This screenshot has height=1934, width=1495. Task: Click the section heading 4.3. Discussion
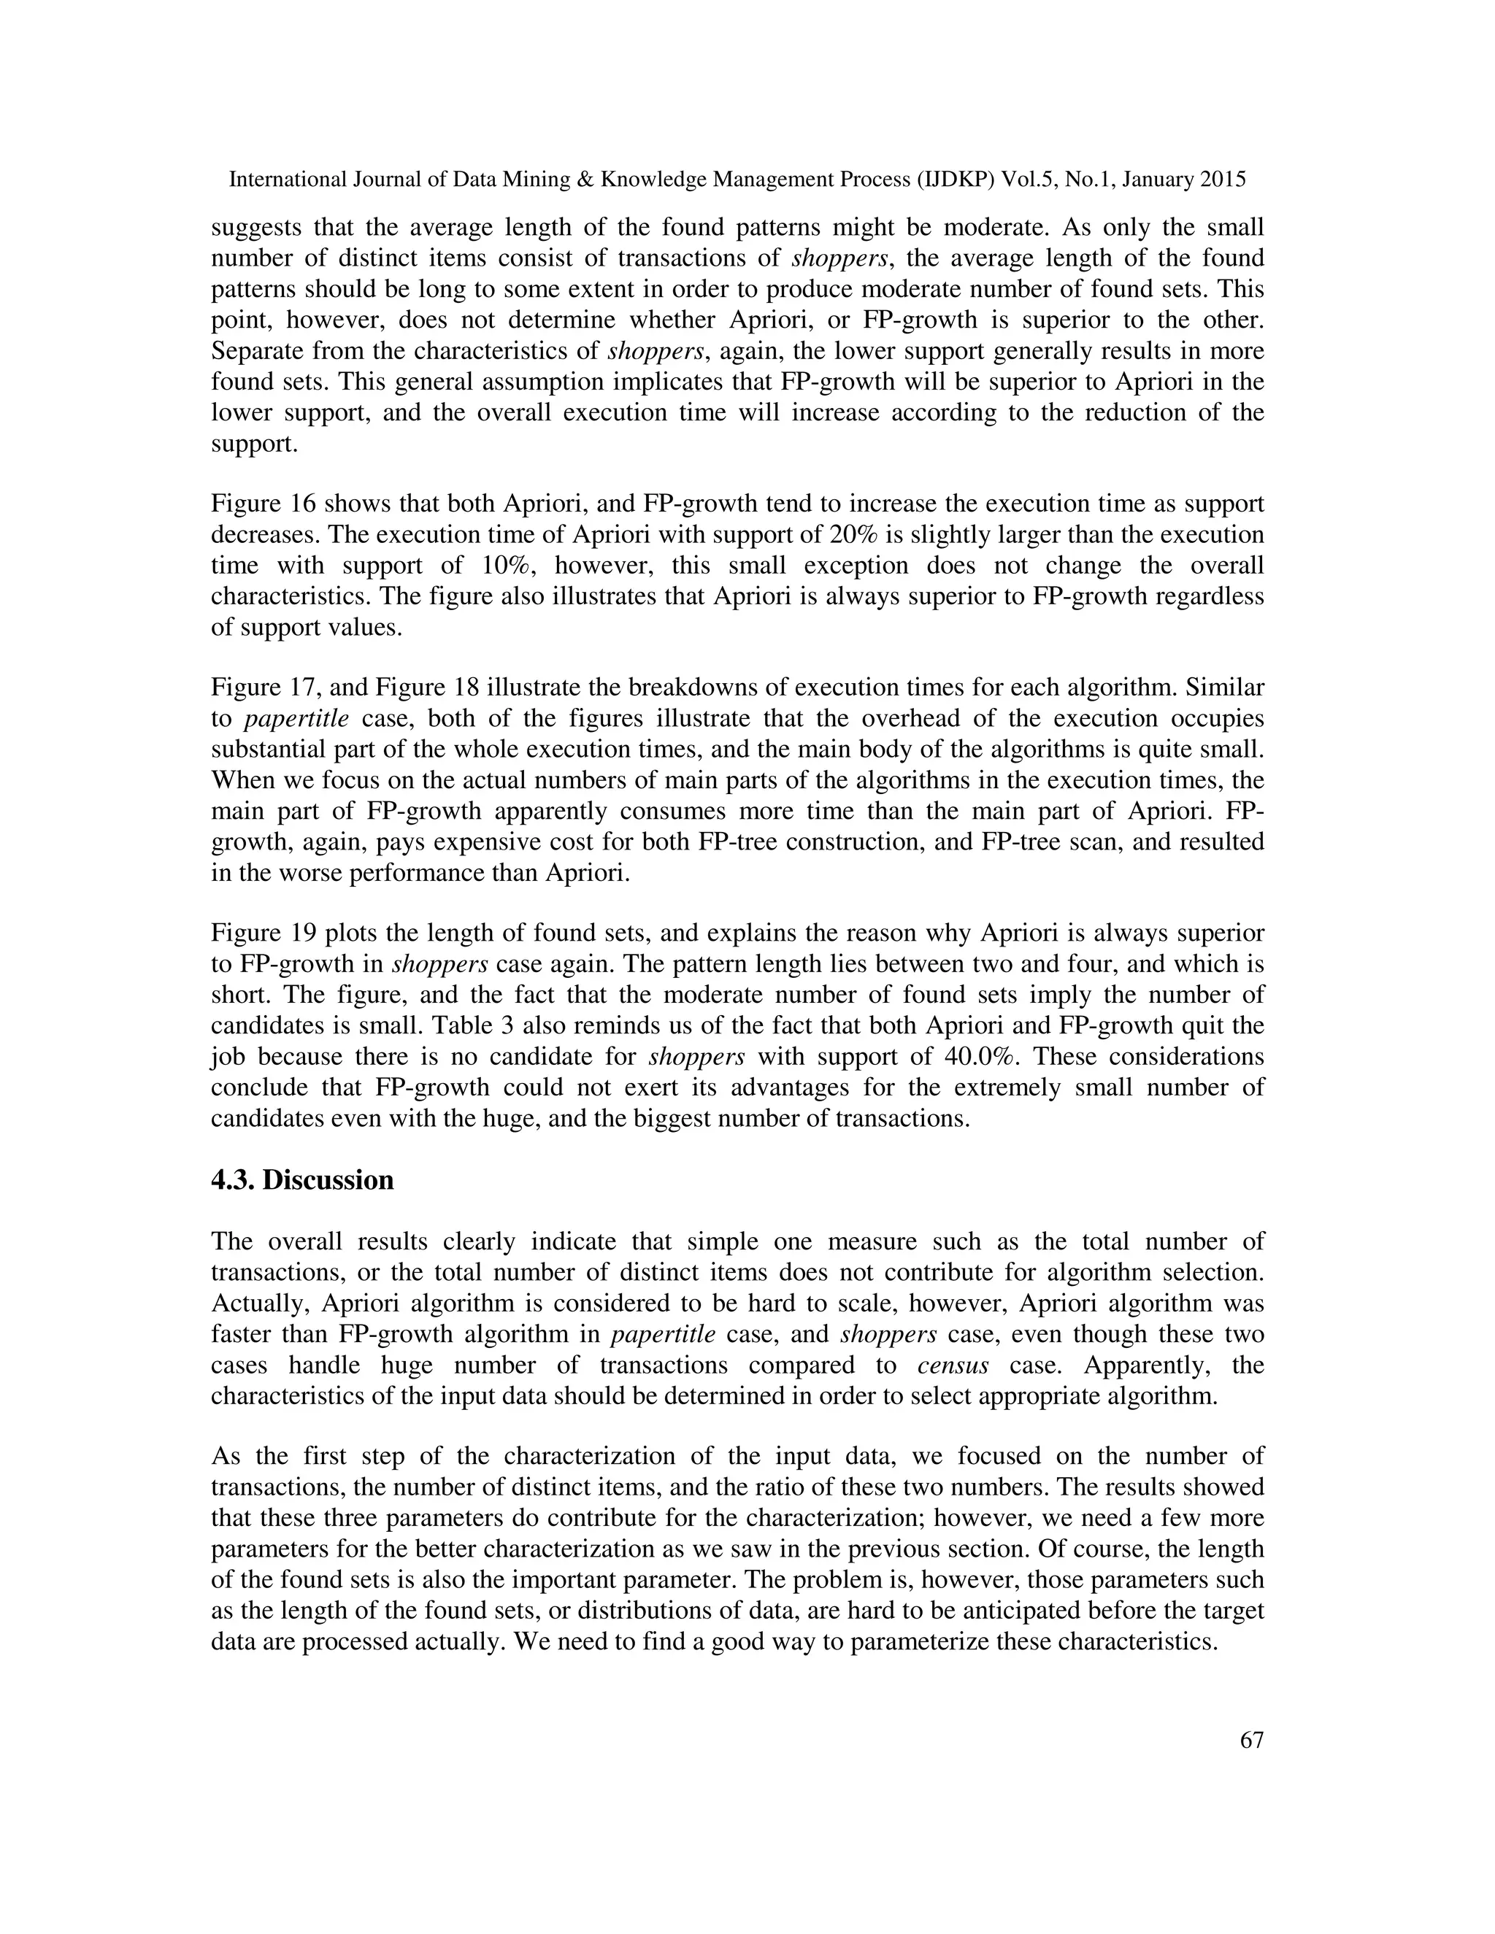click(302, 1180)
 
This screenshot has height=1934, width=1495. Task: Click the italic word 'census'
click(952, 1365)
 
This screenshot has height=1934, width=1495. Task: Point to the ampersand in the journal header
click(584, 180)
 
